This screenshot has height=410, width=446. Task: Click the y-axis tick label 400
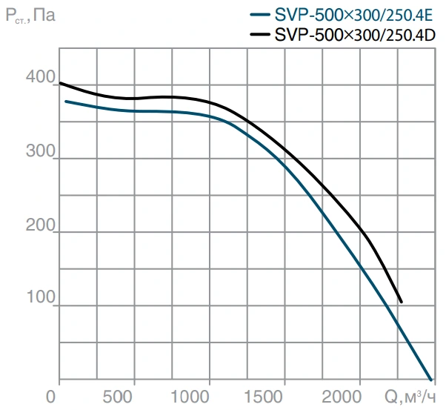(41, 76)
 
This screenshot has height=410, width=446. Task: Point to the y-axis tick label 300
(41, 151)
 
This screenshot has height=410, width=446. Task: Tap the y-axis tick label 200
(41, 225)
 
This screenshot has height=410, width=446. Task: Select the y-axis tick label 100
(41, 297)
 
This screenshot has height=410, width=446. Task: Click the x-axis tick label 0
(50, 397)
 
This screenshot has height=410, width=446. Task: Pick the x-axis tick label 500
(118, 397)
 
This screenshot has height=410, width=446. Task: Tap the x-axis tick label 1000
(190, 397)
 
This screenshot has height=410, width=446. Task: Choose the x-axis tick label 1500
(264, 397)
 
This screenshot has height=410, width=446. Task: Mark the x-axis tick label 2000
(342, 397)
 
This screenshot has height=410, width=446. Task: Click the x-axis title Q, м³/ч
(410, 397)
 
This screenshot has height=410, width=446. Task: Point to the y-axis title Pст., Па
(30, 15)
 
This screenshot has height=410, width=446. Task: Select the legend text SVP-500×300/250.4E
(353, 15)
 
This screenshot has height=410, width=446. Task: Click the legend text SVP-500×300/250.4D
(355, 36)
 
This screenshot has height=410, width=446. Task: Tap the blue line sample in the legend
(260, 14)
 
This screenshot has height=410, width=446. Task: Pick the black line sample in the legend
(260, 34)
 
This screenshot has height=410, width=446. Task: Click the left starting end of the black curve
(60, 83)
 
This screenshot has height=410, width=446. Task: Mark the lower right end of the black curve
(402, 302)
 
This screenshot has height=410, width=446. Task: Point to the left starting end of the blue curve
(66, 102)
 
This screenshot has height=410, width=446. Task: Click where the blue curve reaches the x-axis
(431, 380)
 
